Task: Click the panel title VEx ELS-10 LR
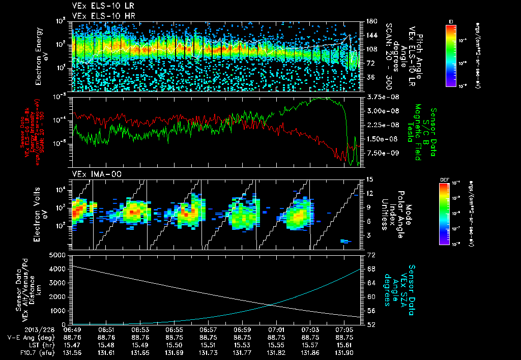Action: (x=99, y=6)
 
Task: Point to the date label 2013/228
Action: (x=21, y=329)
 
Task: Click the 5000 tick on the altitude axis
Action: (x=60, y=254)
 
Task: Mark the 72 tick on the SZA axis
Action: (x=371, y=254)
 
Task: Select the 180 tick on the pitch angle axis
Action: (x=370, y=21)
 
